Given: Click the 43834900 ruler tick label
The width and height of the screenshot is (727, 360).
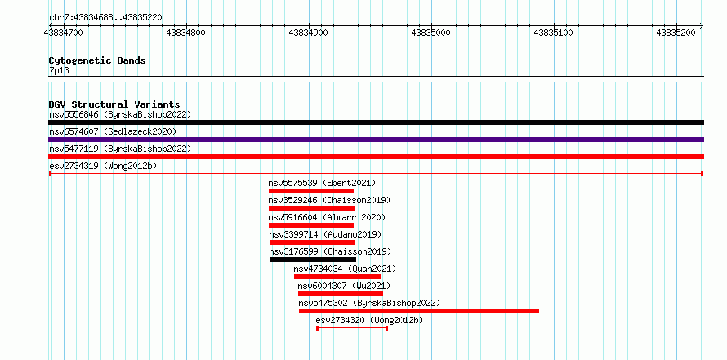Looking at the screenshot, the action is (x=308, y=33).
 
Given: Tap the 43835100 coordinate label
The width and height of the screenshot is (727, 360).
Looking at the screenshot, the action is (x=554, y=33).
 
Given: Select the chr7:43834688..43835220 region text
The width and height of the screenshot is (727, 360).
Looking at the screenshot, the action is (x=105, y=18).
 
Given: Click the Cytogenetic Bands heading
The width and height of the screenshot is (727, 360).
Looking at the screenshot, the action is (x=97, y=60).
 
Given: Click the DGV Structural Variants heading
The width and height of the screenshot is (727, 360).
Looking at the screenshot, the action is (x=114, y=104).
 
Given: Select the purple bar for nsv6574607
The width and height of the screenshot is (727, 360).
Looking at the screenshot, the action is (x=376, y=140).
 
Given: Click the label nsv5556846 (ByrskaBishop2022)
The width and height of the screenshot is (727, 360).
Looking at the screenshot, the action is (x=120, y=114).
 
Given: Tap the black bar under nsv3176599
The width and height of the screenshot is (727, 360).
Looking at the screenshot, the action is (x=313, y=260).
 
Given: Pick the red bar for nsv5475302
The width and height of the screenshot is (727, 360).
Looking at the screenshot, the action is (x=419, y=311).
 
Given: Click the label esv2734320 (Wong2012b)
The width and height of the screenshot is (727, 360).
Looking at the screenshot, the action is (x=369, y=320).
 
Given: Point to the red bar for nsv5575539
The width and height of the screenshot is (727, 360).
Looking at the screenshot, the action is (x=311, y=191).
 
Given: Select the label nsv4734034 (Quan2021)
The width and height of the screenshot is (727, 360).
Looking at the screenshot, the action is (x=345, y=269).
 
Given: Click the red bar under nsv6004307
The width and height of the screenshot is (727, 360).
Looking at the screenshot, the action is (x=341, y=294).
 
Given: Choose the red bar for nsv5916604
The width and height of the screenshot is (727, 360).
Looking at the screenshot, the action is (x=311, y=225).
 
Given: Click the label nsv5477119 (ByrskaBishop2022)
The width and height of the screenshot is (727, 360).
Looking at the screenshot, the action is (x=120, y=149).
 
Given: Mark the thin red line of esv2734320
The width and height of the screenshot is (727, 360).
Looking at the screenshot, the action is (x=352, y=328).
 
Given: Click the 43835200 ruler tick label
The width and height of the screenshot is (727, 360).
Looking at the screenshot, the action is (x=676, y=33).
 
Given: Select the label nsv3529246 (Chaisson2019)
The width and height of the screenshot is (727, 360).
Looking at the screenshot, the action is (x=329, y=200).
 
